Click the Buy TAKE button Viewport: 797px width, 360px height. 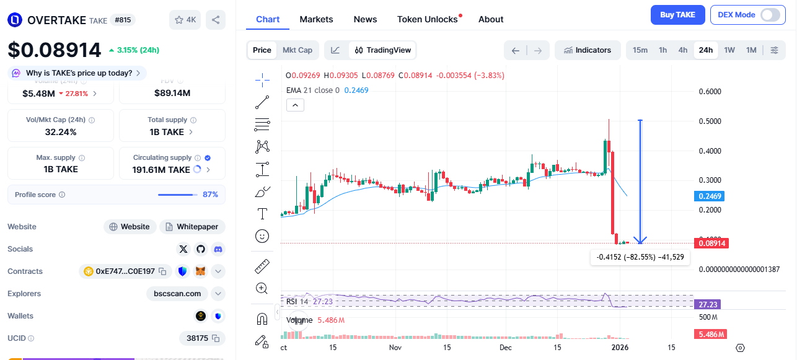tap(677, 15)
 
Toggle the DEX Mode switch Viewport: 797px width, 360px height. tap(770, 15)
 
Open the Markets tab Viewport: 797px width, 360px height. tap(316, 19)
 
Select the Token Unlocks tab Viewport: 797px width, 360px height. tap(428, 19)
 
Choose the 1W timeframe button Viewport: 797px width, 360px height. tap(729, 50)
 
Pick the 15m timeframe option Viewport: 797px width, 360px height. tap(640, 50)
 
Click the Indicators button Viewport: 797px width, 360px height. tap(588, 50)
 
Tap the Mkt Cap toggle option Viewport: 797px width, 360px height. tap(297, 50)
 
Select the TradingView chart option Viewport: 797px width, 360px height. tap(382, 50)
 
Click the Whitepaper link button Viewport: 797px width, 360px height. tap(192, 227)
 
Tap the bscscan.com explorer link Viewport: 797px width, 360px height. tap(177, 294)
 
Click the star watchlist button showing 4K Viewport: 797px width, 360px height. tap(185, 20)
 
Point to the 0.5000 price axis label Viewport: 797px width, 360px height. tap(710, 121)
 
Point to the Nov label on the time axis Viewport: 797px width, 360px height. tap(395, 348)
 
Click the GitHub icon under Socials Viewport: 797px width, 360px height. tap(200, 249)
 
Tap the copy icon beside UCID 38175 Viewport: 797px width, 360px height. tap(216, 338)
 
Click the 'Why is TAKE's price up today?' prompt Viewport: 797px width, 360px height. tap(77, 73)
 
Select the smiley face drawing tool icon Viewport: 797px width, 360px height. tap(262, 236)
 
